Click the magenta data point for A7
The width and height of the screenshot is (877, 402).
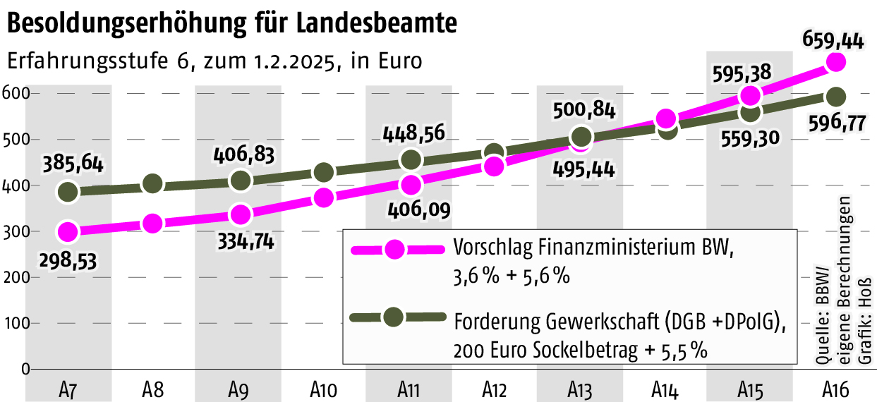pos(68,231)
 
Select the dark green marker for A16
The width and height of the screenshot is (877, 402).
pos(836,97)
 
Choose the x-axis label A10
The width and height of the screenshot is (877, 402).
pos(324,389)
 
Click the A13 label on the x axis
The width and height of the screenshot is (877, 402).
pos(580,389)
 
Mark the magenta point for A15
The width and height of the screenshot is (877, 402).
pos(751,95)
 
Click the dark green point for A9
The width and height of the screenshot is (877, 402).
pos(240,180)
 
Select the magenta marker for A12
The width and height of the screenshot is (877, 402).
pos(495,166)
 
